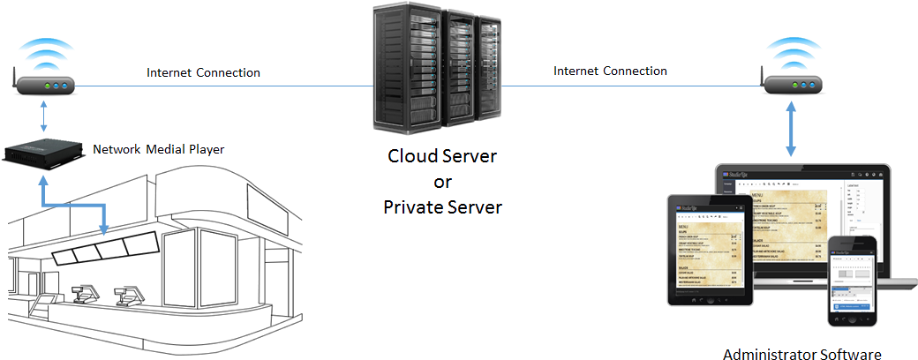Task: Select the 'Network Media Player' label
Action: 159,149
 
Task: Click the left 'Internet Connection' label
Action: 203,72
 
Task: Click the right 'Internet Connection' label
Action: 610,71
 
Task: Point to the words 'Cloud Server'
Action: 443,157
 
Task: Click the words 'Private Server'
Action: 443,208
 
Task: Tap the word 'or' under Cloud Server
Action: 442,184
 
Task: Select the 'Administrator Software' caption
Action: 801,355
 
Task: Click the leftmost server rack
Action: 407,71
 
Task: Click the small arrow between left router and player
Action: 43,116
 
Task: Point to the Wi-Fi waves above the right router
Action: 793,53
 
